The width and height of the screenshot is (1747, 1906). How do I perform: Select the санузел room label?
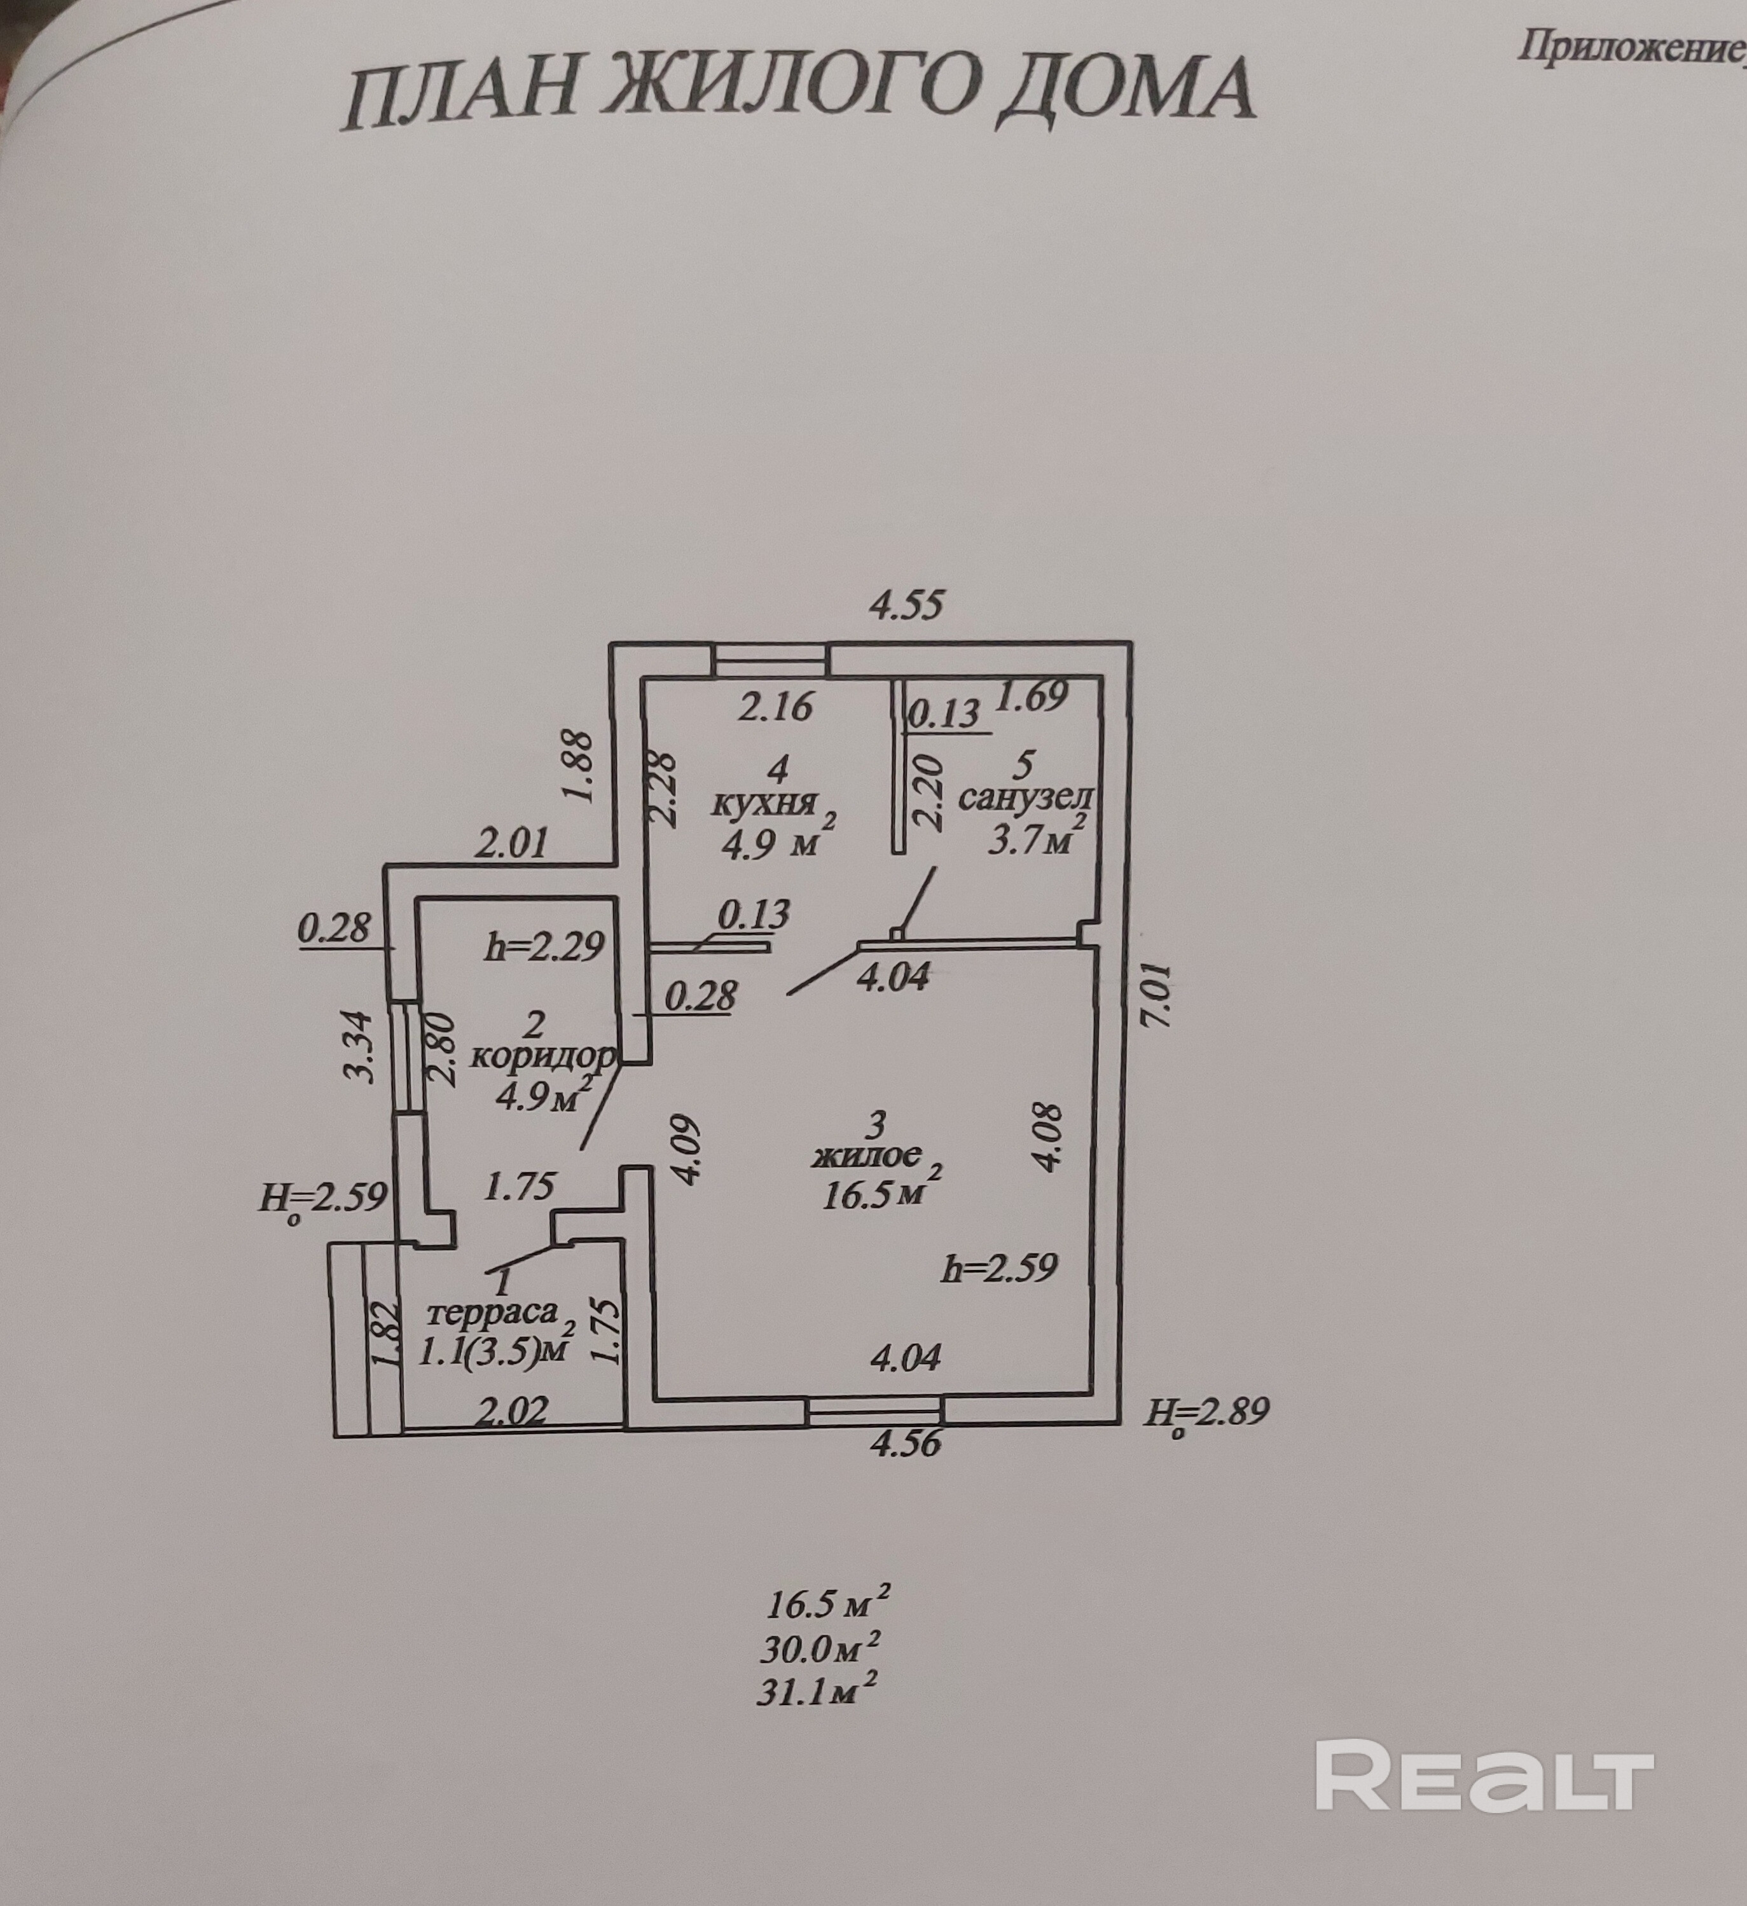(1026, 798)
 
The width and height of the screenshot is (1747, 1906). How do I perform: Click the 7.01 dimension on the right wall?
(1159, 995)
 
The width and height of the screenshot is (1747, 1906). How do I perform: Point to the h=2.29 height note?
(544, 946)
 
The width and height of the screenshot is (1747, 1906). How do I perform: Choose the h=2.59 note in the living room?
(999, 1268)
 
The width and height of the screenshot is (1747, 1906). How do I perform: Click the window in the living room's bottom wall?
(875, 1412)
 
